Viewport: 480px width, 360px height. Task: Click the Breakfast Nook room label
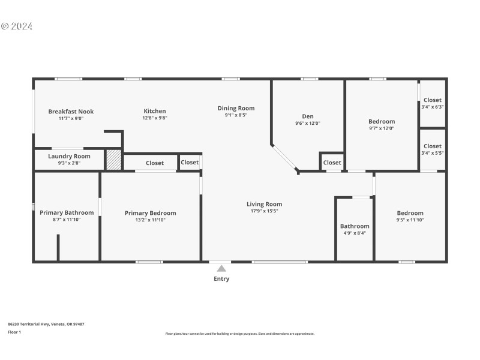tap(71, 112)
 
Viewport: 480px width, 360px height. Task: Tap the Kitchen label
tap(154, 111)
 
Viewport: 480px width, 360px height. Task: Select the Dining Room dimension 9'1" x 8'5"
tap(236, 115)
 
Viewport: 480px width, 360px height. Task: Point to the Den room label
tap(307, 116)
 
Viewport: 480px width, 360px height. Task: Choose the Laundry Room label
tap(70, 156)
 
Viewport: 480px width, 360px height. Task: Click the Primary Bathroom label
tap(67, 212)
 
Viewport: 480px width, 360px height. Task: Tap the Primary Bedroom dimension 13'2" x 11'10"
tap(150, 220)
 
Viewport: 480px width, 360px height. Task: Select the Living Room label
tap(264, 204)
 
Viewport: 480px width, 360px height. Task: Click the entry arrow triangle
tap(221, 269)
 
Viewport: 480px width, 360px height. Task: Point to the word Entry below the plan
tap(221, 278)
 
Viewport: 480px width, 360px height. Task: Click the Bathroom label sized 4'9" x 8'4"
tap(355, 226)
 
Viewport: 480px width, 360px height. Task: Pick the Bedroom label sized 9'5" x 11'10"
tap(410, 213)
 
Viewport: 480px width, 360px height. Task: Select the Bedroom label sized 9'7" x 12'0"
tap(382, 121)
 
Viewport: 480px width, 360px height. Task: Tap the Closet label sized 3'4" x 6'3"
tap(432, 100)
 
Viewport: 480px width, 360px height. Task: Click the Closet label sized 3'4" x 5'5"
tap(432, 146)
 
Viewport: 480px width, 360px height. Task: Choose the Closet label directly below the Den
tap(332, 163)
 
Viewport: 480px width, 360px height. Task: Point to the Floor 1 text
tap(14, 332)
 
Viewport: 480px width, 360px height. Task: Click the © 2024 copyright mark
tap(17, 26)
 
